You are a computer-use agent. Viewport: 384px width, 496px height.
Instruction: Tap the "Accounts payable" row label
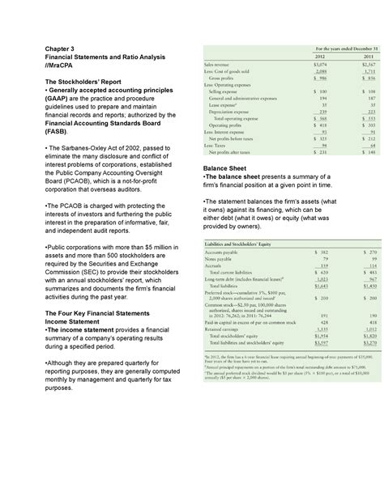[228, 253]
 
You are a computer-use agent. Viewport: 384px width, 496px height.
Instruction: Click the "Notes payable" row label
[224, 260]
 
